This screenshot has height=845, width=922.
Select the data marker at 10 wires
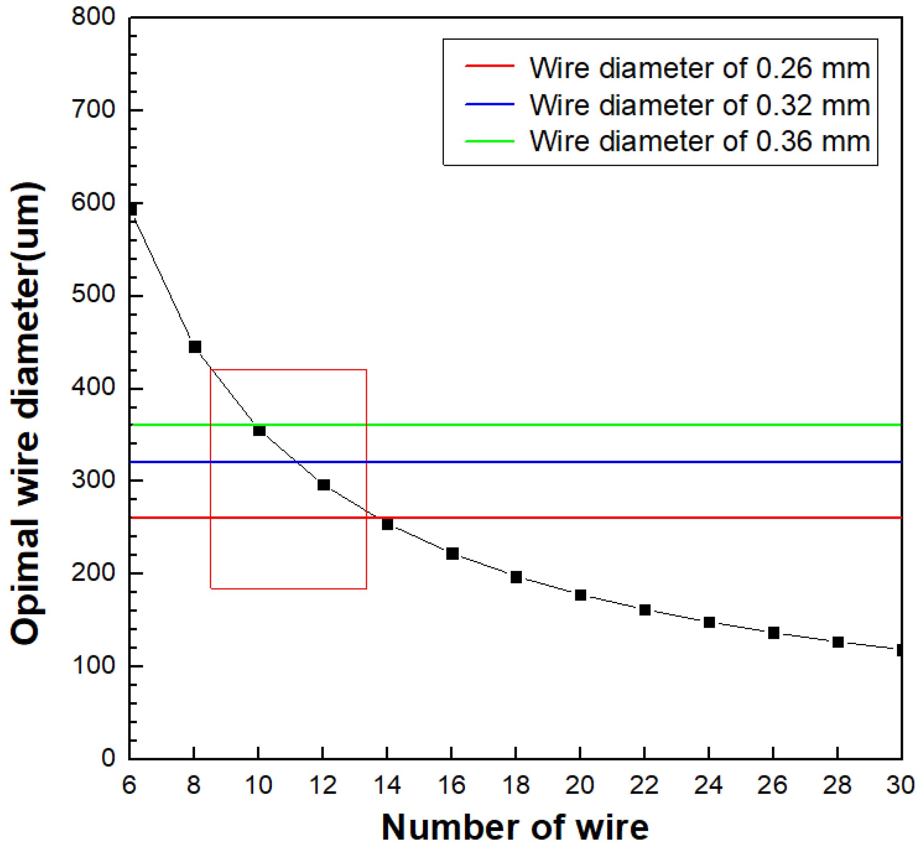[259, 430]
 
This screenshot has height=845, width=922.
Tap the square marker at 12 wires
[323, 485]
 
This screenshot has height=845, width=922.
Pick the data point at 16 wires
[452, 554]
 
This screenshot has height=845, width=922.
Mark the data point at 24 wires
[709, 622]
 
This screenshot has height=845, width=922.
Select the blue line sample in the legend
[490, 104]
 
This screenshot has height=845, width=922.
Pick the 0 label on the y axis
[108, 758]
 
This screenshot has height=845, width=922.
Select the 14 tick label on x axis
[387, 785]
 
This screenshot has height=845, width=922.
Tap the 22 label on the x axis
[644, 785]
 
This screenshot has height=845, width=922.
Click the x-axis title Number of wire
[515, 827]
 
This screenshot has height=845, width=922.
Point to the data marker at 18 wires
[516, 578]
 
